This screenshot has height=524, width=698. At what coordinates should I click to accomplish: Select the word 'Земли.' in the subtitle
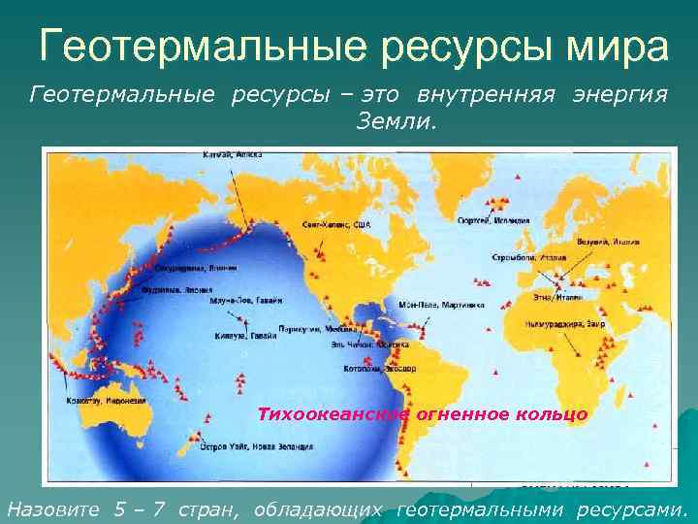(397, 122)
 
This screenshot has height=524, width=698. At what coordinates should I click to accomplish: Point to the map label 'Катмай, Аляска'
(227, 155)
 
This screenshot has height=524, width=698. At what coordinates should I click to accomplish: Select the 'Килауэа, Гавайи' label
(243, 336)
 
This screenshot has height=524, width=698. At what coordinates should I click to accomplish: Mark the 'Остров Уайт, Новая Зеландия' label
(257, 448)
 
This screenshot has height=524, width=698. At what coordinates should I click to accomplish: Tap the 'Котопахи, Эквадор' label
(379, 369)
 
